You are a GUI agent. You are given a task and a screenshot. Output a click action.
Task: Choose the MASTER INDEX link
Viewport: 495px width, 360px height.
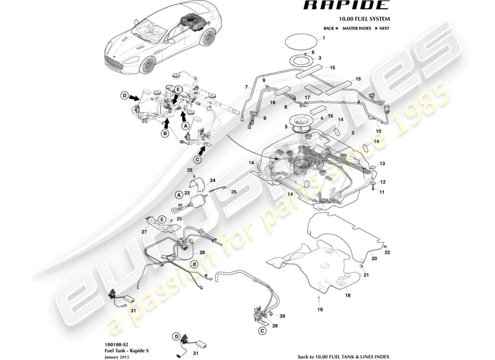click(356, 28)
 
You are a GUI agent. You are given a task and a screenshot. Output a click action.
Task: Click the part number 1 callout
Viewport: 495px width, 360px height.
click(323, 39)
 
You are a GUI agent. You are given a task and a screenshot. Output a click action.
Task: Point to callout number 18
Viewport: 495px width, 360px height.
click(347, 296)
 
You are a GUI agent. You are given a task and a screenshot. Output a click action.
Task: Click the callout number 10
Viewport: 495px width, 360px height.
click(378, 131)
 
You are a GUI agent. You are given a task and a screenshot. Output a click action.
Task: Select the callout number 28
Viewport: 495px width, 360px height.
click(202, 253)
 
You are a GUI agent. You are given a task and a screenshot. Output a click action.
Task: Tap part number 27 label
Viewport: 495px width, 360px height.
click(144, 232)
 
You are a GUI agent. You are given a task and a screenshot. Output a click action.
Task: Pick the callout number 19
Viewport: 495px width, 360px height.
click(319, 310)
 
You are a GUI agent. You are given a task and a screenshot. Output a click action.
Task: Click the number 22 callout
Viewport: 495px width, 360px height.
click(387, 252)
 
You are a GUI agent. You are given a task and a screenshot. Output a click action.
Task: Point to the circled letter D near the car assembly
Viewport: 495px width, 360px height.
click(124, 95)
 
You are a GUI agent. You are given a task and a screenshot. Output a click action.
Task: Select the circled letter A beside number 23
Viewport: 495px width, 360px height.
click(179, 195)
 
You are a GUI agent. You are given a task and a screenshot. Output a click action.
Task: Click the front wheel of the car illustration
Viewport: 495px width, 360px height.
click(147, 66)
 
